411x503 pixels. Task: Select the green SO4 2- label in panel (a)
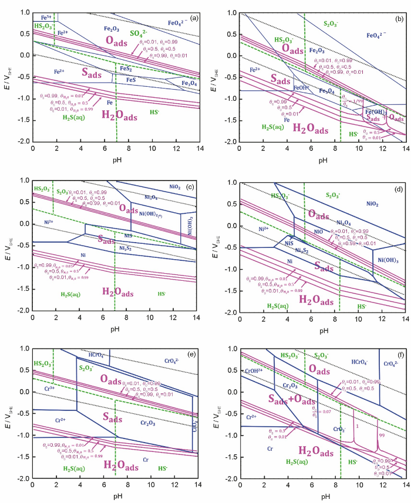tap(137, 33)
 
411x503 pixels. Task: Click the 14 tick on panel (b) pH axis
tap(405, 151)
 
